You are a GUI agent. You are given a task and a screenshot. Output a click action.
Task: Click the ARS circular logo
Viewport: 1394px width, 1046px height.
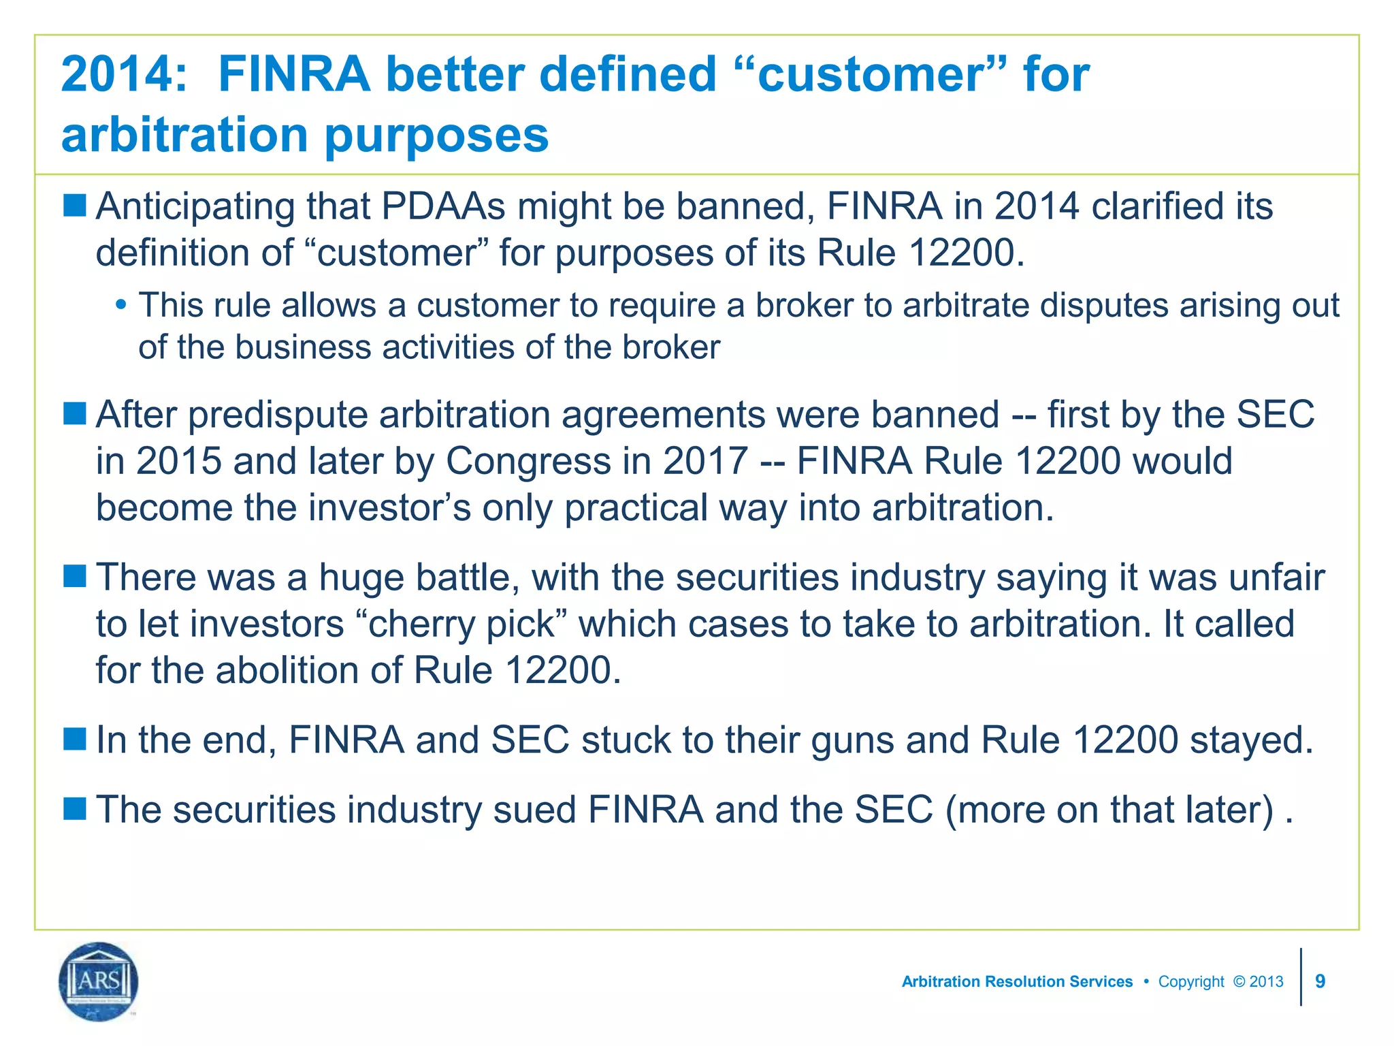pyautogui.click(x=99, y=981)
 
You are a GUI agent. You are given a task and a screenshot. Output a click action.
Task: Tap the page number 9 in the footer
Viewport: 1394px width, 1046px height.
pyautogui.click(x=1320, y=981)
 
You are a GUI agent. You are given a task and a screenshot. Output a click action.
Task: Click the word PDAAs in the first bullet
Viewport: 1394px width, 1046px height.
pyautogui.click(x=443, y=206)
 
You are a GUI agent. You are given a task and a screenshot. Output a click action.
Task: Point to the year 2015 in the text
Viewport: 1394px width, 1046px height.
pyautogui.click(x=179, y=461)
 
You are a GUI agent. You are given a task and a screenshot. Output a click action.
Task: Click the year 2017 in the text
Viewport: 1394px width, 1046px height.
pyautogui.click(x=706, y=461)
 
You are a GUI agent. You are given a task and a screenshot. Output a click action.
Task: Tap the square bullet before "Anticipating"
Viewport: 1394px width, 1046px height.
pyautogui.click(x=75, y=204)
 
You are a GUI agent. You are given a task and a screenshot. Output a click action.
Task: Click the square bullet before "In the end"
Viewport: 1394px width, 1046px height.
pyautogui.click(x=75, y=738)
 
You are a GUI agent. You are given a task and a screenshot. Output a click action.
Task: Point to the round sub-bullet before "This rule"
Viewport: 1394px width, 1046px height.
pyautogui.click(x=120, y=304)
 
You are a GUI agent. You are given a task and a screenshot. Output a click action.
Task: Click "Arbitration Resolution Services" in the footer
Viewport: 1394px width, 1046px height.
pyautogui.click(x=1017, y=981)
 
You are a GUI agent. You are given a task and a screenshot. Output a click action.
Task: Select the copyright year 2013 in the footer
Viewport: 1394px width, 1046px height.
pyautogui.click(x=1266, y=981)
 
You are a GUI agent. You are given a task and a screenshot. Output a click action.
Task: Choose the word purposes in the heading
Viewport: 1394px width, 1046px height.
pyautogui.click(x=436, y=134)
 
